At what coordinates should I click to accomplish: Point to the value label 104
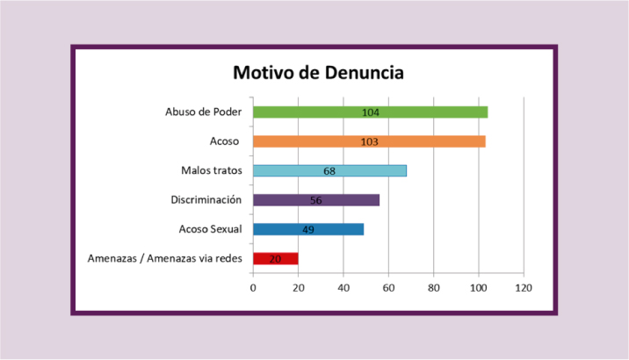pyautogui.click(x=370, y=112)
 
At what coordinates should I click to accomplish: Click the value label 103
pyautogui.click(x=369, y=141)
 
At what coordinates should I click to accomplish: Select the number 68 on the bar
pyautogui.click(x=329, y=171)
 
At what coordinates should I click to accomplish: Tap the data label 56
pyautogui.click(x=316, y=200)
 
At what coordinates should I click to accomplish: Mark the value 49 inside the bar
pyautogui.click(x=308, y=230)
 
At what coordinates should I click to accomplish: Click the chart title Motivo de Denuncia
pyautogui.click(x=317, y=72)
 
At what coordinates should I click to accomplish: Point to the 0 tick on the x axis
pyautogui.click(x=253, y=287)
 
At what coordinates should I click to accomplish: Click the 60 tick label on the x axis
pyautogui.click(x=388, y=287)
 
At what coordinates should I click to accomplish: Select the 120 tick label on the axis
pyautogui.click(x=524, y=287)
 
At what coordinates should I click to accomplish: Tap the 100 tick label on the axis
pyautogui.click(x=479, y=287)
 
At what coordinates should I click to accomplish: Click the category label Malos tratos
pyautogui.click(x=212, y=170)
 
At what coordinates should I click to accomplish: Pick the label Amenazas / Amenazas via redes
pyautogui.click(x=165, y=258)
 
